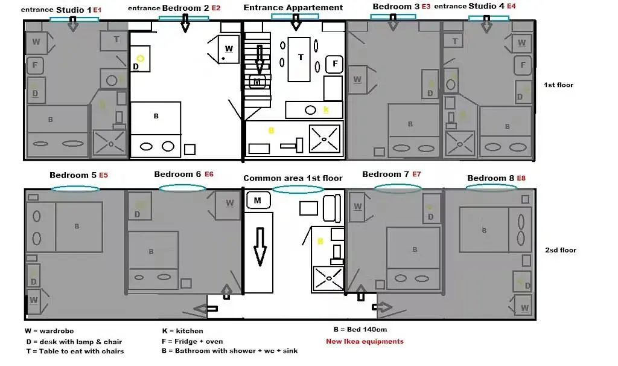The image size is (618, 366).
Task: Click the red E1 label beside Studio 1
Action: [97, 11]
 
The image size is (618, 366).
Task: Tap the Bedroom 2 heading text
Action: [185, 8]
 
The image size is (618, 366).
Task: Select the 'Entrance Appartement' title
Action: [293, 8]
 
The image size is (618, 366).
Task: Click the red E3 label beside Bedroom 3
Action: [425, 6]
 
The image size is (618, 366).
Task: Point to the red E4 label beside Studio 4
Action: [511, 6]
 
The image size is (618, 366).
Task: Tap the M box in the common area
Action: [258, 200]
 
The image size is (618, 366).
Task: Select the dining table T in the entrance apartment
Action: [301, 58]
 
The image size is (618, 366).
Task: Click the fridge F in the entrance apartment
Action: [334, 63]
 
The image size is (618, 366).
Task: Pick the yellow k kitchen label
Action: [326, 110]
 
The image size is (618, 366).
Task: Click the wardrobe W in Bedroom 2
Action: [228, 48]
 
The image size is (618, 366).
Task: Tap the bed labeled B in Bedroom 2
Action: [156, 116]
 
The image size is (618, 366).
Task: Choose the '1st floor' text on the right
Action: [559, 85]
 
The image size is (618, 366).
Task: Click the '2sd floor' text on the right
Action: [561, 250]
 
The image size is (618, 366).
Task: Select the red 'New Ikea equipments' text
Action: [365, 341]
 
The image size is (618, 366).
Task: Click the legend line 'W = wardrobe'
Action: [48, 331]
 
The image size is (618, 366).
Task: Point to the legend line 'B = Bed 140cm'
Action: [360, 330]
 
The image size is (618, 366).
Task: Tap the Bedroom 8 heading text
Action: [490, 178]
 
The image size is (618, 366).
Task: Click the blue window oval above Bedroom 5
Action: [75, 189]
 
